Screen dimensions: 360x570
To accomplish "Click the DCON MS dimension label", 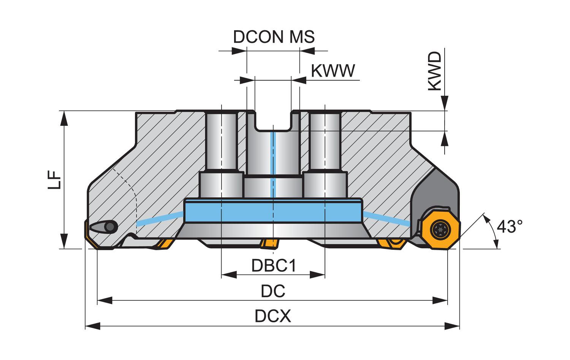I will (274, 37).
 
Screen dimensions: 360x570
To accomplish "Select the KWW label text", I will (333, 71).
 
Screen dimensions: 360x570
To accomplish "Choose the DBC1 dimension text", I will (274, 266).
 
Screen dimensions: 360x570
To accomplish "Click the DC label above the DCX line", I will (273, 291).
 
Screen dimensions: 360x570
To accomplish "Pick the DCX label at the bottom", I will (273, 316).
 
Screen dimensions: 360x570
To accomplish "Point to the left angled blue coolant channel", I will (160, 219).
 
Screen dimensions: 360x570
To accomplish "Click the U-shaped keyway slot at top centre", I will (273, 121).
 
